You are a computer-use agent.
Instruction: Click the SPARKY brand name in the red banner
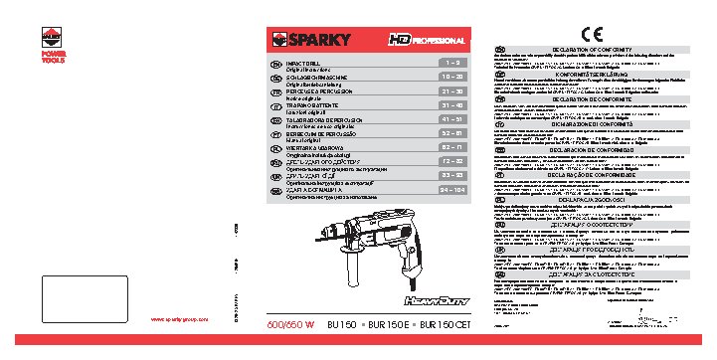pyautogui.click(x=318, y=41)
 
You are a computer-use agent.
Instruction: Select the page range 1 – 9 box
pyautogui.click(x=451, y=62)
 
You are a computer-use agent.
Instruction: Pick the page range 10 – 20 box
pyautogui.click(x=451, y=76)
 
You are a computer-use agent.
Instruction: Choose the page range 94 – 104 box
pyautogui.click(x=451, y=189)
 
